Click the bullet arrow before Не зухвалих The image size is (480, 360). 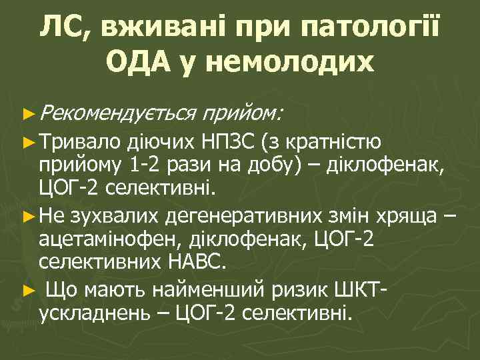[27, 216]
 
